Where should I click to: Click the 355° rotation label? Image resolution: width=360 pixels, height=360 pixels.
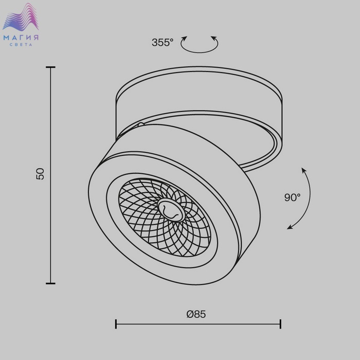click(163, 43)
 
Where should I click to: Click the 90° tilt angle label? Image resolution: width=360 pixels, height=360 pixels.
click(292, 197)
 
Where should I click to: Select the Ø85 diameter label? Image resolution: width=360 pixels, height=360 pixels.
click(196, 314)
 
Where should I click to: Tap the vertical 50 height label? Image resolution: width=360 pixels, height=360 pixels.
click(41, 174)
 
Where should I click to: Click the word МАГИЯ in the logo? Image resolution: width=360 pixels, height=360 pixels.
click(21, 38)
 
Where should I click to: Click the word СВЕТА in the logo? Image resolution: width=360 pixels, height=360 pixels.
click(21, 45)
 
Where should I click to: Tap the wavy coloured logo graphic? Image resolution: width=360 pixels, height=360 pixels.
click(21, 17)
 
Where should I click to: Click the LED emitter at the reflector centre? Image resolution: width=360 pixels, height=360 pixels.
click(171, 210)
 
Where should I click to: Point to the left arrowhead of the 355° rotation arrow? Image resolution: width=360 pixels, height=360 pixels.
click(184, 39)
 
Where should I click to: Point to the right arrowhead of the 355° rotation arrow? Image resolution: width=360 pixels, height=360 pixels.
click(214, 38)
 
